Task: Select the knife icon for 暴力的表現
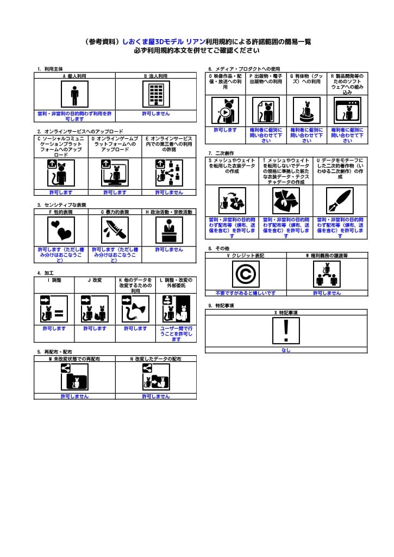coord(115,230)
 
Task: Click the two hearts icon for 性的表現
coord(61,230)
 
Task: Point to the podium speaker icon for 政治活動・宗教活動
coord(169,230)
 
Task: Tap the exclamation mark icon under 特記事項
coord(286,331)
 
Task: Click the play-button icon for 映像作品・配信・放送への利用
coord(225,111)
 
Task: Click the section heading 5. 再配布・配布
coord(54,352)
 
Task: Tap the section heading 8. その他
coord(218,248)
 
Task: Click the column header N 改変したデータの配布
coord(156,359)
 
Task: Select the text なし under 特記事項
coord(286,350)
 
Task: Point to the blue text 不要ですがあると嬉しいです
coord(246,293)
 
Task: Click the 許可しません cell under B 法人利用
coord(156,114)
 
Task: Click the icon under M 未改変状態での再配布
coord(74,376)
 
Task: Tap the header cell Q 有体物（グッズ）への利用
coord(307,79)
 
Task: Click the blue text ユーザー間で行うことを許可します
coord(176,333)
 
